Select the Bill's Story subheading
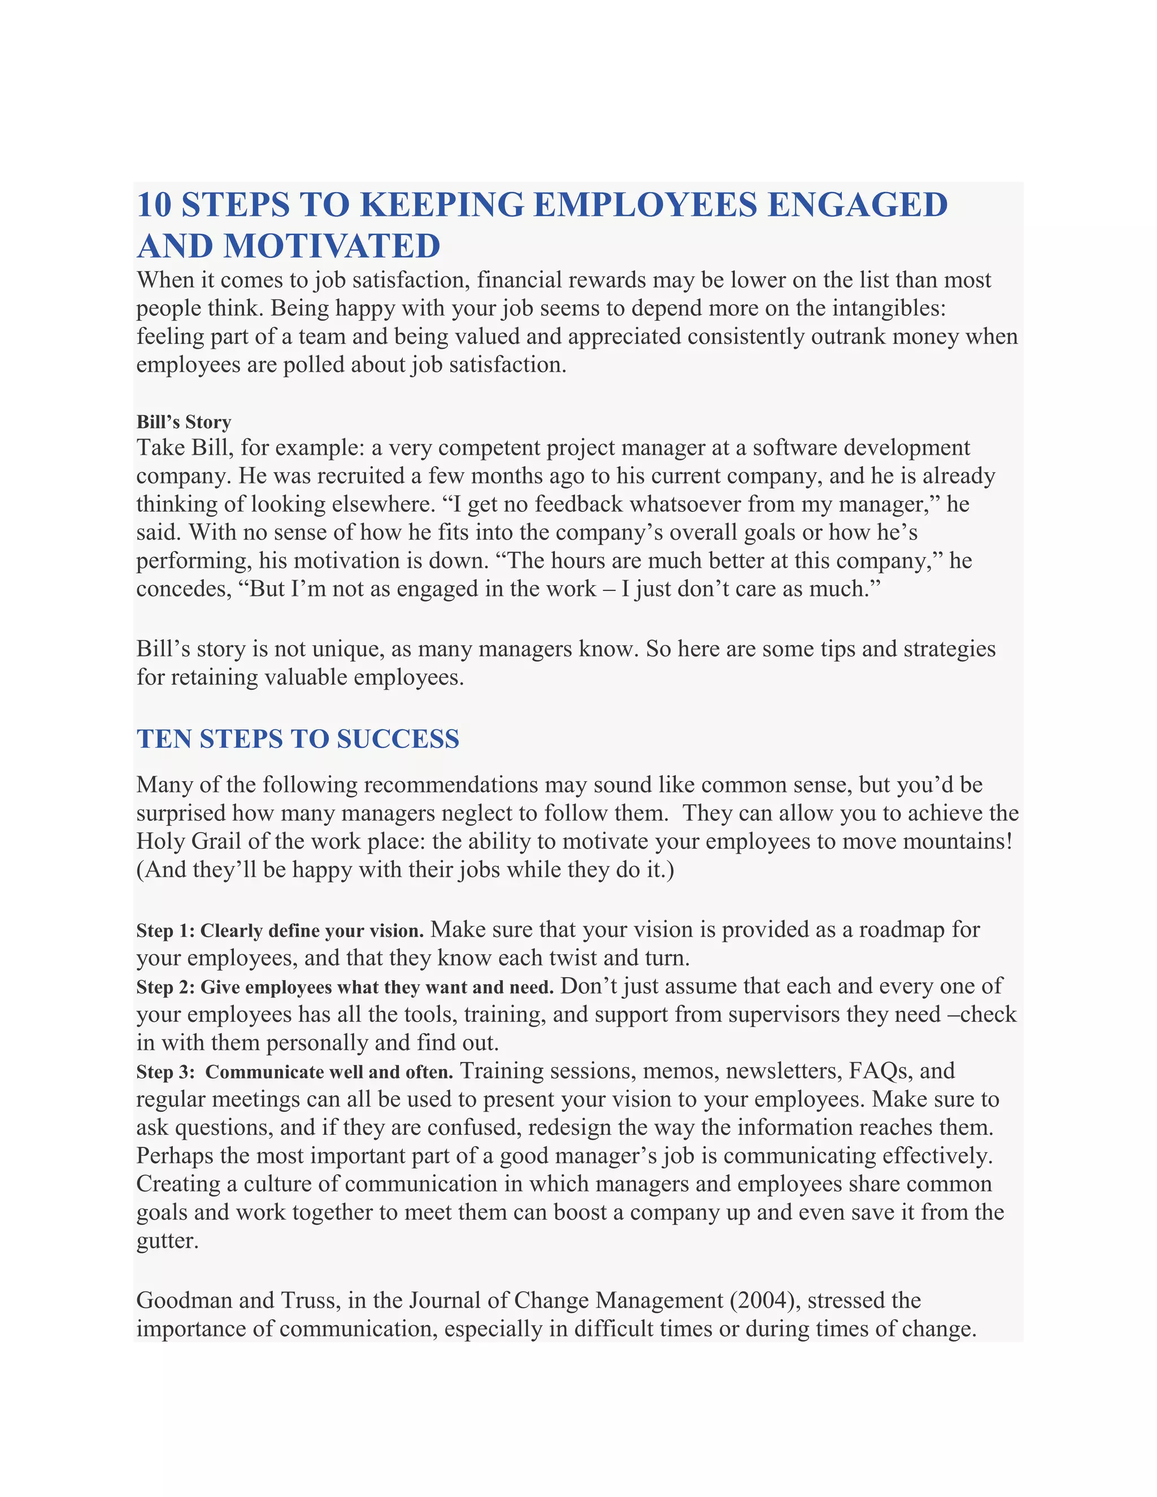[x=183, y=421]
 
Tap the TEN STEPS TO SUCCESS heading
[x=298, y=739]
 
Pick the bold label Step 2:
[x=166, y=987]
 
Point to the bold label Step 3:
[x=166, y=1072]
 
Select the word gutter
[x=167, y=1241]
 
